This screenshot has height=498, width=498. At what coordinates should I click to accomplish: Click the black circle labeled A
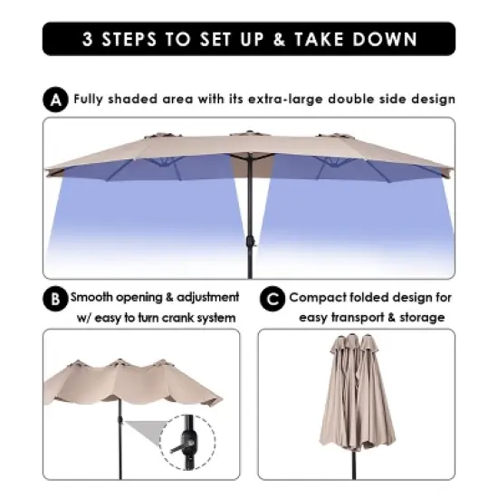click(x=56, y=101)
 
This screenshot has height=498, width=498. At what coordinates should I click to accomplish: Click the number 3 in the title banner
click(x=88, y=39)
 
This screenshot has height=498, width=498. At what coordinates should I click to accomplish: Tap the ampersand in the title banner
click(x=277, y=39)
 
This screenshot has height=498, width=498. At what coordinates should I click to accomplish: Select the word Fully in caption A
click(x=91, y=100)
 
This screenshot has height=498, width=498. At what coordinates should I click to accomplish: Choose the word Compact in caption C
click(x=318, y=297)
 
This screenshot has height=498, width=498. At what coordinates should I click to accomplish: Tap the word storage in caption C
click(x=420, y=317)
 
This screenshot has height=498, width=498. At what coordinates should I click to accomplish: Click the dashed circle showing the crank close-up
click(x=187, y=441)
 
